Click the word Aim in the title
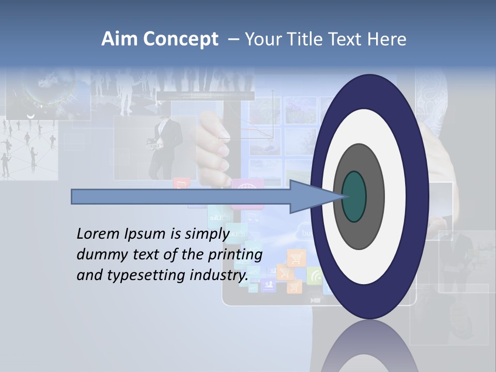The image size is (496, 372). [x=120, y=39]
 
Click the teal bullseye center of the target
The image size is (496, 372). [x=354, y=196]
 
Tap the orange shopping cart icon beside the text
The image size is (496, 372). [x=296, y=257]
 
